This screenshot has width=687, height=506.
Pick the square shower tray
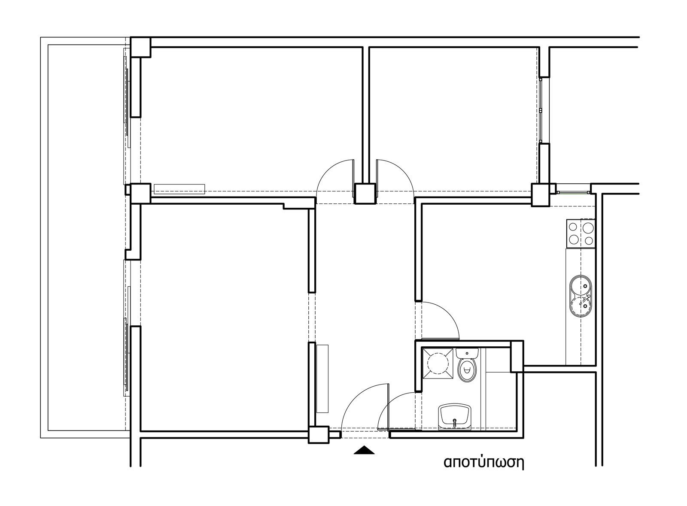(438, 364)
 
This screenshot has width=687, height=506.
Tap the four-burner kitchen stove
(581, 233)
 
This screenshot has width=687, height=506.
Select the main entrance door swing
(365, 407)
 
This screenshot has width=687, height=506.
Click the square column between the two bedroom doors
(365, 194)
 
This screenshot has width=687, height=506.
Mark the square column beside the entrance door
(319, 435)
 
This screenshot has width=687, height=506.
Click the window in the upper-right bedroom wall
(541, 110)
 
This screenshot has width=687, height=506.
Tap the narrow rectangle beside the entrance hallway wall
(322, 379)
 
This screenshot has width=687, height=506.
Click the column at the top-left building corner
(141, 47)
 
